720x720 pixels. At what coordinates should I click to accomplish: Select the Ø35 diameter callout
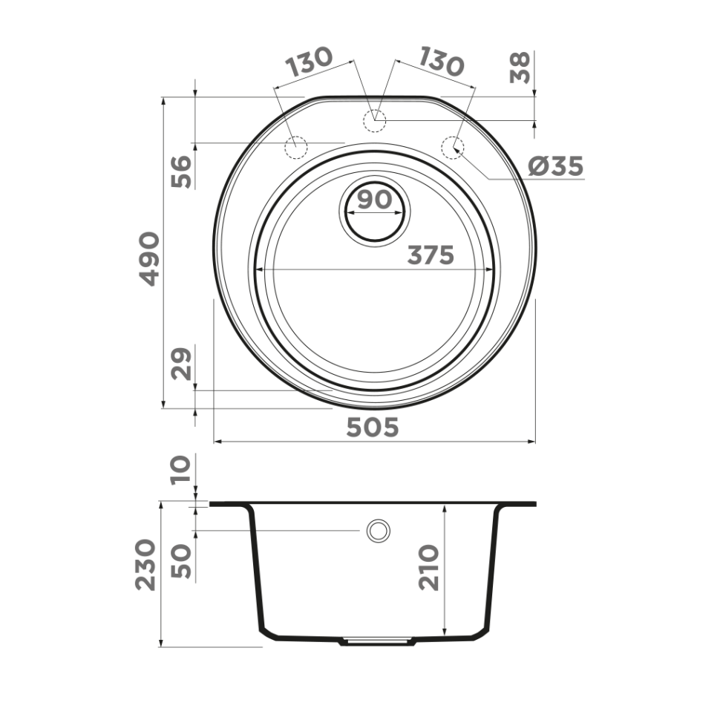click(x=556, y=167)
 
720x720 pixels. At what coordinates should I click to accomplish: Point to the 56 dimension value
click(x=182, y=171)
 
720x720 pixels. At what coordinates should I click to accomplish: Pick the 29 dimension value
click(x=182, y=363)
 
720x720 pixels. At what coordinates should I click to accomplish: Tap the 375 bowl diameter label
click(x=430, y=255)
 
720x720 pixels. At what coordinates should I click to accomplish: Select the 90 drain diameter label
click(x=374, y=200)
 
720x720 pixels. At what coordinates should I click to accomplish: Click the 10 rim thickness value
click(x=182, y=471)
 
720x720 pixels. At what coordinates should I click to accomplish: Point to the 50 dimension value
click(x=182, y=562)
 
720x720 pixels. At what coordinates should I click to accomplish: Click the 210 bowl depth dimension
click(x=428, y=568)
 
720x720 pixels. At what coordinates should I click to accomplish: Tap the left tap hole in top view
click(x=297, y=147)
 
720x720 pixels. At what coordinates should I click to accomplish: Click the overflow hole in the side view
click(x=378, y=530)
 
